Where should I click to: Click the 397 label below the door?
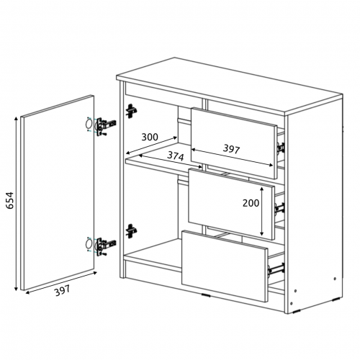pos(63,290)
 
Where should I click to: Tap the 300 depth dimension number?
pos(150,137)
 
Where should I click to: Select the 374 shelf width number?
pos(176,156)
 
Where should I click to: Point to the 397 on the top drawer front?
pos(231,149)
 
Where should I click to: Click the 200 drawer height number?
pos(251,203)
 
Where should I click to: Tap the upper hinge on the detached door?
pos(105,125)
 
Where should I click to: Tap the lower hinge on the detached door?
pos(105,246)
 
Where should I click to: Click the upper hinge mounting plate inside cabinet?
pos(131,111)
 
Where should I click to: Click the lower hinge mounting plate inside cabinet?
pos(131,231)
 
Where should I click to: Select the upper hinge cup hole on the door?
pos(89,125)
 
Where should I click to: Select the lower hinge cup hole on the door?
pos(89,244)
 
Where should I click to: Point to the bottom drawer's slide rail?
pos(276,269)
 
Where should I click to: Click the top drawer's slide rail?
pos(281,148)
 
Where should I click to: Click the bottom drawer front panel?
pos(225,266)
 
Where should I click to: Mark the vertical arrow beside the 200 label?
pos(262,211)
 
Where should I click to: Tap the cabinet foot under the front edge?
pos(206,295)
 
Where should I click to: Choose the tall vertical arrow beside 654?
pos(17,204)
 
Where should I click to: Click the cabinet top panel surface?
pos(229,85)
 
